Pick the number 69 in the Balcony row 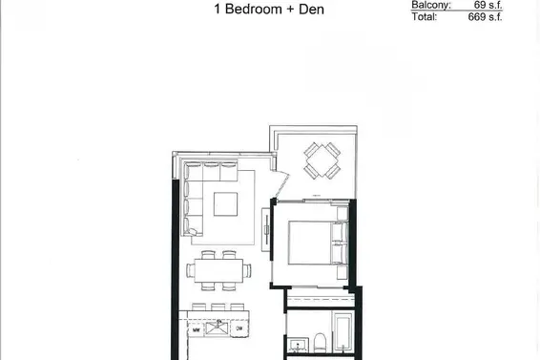click(x=480, y=5)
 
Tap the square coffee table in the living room click(x=226, y=204)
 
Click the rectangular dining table click(x=219, y=268)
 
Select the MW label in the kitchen click(x=196, y=330)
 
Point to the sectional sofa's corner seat click(x=192, y=172)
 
